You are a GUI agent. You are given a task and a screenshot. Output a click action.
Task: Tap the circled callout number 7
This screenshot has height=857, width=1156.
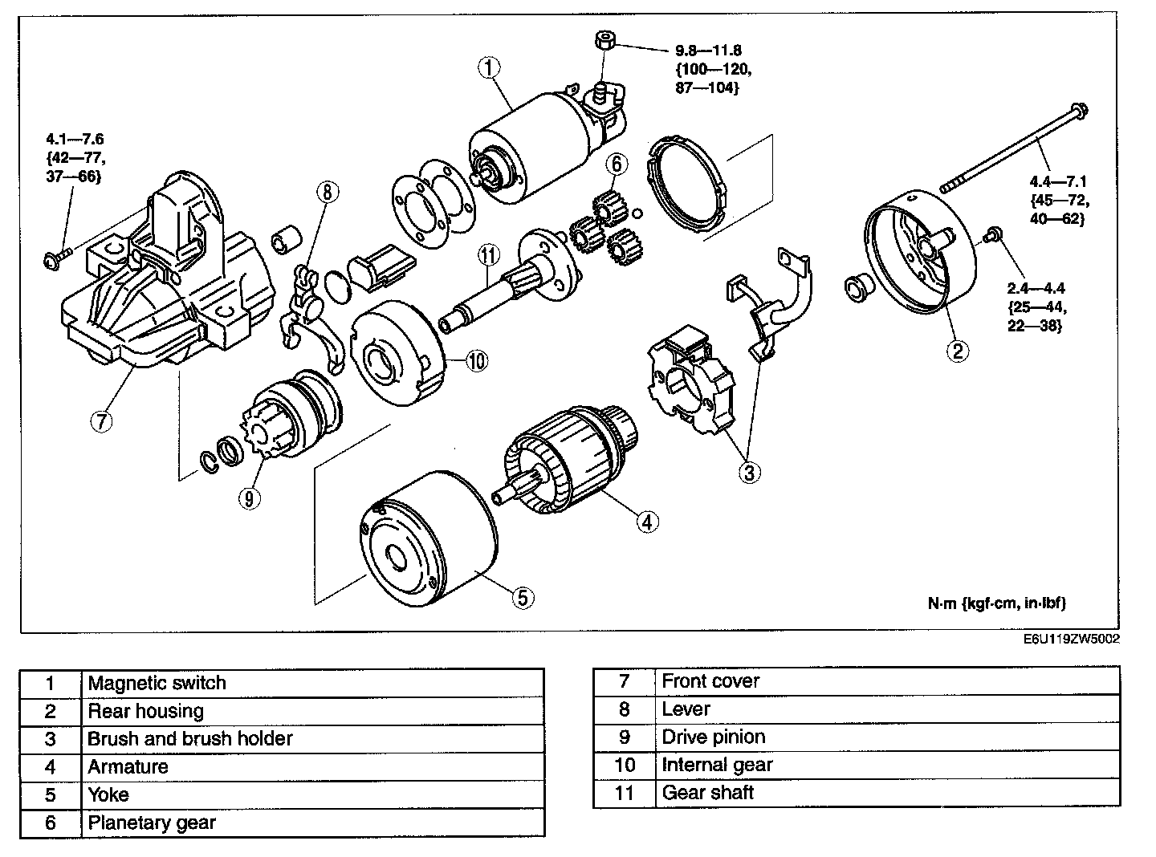[102, 422]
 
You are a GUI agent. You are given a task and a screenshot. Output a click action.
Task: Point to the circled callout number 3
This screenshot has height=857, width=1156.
[748, 472]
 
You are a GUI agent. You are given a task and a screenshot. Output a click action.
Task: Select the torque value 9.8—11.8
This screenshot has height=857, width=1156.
[708, 51]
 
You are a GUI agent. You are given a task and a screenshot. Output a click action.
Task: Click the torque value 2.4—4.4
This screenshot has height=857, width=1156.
[1036, 288]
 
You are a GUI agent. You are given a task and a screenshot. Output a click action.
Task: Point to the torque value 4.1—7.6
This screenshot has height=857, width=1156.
[75, 140]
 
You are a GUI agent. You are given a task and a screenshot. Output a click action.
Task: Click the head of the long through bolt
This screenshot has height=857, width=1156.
[1080, 108]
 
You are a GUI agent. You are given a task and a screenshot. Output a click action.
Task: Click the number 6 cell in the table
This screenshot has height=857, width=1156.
[51, 822]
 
